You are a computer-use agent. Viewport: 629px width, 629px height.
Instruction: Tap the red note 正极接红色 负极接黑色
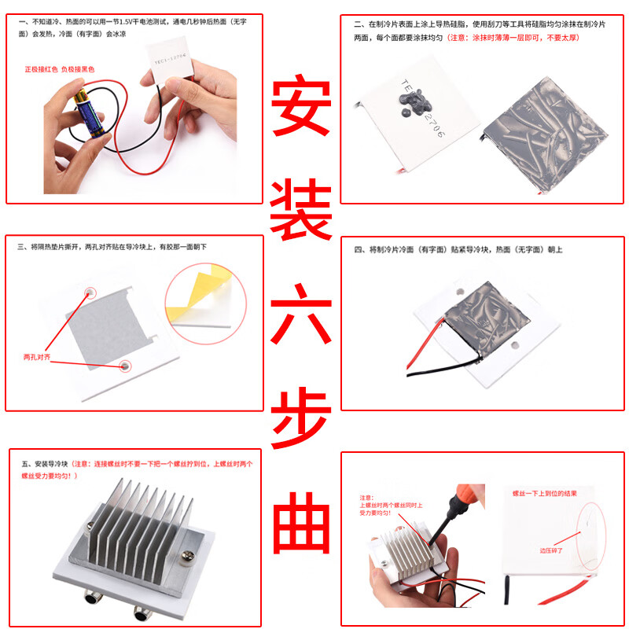coord(60,69)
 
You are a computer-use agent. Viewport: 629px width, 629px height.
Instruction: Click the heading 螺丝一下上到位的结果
coord(545,494)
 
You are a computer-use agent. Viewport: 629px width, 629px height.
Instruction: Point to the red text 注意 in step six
coord(366,498)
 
